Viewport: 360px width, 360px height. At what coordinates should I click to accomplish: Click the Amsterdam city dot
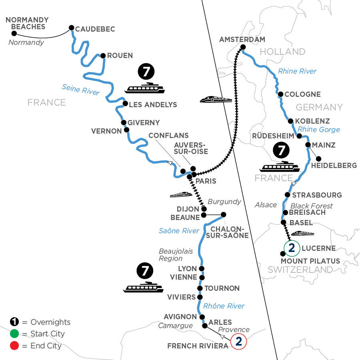242,48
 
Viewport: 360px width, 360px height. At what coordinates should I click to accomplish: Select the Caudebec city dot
72,28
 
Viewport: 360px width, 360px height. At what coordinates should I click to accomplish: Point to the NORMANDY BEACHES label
27,23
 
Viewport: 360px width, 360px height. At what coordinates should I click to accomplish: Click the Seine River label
81,89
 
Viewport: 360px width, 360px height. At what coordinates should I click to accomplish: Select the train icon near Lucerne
303,233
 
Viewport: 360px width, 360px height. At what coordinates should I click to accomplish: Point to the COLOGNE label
302,94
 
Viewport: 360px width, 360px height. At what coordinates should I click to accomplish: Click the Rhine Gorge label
318,129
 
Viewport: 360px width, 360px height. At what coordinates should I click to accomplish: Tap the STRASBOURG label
317,195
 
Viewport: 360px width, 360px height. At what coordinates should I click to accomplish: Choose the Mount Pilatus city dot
283,254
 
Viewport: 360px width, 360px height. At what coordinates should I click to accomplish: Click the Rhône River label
224,306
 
